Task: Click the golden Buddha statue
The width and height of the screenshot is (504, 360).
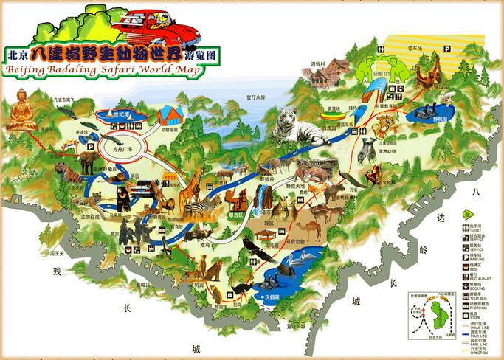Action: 21,111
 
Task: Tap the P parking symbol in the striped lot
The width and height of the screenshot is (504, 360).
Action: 446,46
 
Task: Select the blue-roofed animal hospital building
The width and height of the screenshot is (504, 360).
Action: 170,115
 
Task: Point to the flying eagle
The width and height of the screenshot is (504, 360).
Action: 258,251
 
